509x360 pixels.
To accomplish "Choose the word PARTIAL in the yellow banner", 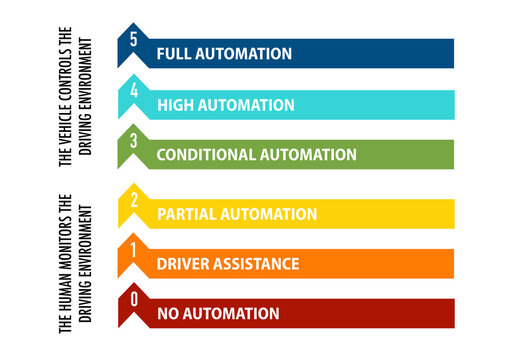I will (x=187, y=214).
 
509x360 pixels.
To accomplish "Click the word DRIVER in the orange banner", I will (x=183, y=264).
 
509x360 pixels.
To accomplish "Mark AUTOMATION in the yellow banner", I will (x=269, y=214).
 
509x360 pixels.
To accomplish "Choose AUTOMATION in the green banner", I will (x=308, y=155).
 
